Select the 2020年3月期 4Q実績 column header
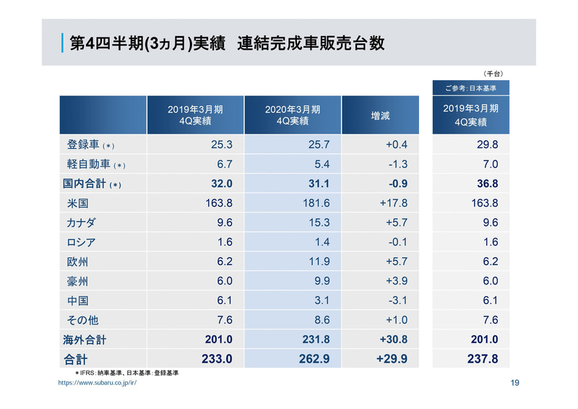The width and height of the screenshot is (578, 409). [x=293, y=115]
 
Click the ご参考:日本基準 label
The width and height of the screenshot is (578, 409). [x=470, y=87]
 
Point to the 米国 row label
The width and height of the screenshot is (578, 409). [x=77, y=203]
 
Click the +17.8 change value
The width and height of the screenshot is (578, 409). [x=394, y=203]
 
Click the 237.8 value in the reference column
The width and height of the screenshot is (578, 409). [x=483, y=358]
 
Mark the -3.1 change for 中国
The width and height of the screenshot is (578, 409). [x=397, y=301]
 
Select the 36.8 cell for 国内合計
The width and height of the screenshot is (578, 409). [x=486, y=184]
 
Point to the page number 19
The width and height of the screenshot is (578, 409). [x=514, y=383]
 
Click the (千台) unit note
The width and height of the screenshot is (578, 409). [x=493, y=73]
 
